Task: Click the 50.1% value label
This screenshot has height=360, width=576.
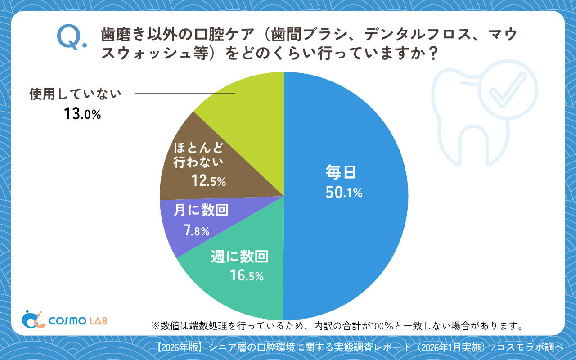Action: (344, 193)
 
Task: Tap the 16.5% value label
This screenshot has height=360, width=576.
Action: (246, 275)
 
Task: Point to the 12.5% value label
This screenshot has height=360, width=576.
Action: (208, 181)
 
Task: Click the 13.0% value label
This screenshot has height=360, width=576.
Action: (82, 114)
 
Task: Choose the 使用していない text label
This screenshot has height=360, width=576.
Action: (76, 94)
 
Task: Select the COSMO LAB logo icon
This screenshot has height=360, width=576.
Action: (33, 319)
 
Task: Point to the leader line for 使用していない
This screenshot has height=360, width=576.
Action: (185, 94)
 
